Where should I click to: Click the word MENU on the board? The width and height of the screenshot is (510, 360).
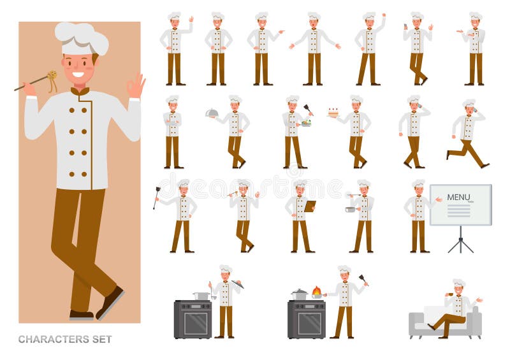(x=458, y=197)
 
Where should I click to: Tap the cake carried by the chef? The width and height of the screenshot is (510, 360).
(x=333, y=112)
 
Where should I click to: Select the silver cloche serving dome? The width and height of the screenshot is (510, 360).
(x=212, y=113)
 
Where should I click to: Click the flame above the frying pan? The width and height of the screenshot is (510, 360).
(x=317, y=291)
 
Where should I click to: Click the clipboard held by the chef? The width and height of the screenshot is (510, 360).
(x=310, y=206)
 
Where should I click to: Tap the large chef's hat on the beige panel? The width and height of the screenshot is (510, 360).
(x=81, y=37)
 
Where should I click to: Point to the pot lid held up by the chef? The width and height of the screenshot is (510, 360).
(x=237, y=284)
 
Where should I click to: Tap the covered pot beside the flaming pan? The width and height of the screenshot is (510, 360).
(x=299, y=294)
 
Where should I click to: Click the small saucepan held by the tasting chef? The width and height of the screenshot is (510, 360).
(x=351, y=209)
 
